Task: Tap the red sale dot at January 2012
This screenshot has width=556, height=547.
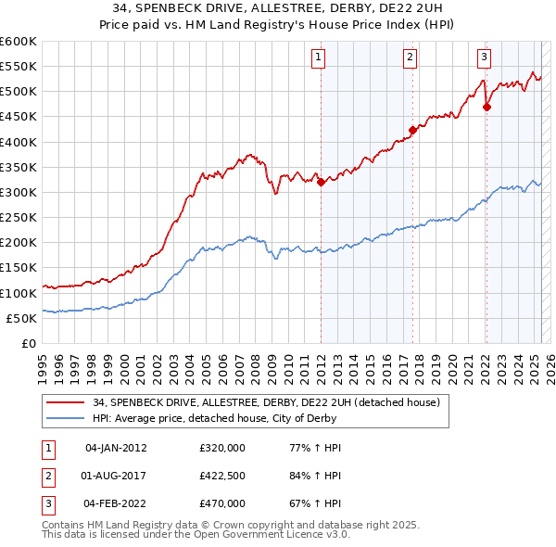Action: tap(321, 183)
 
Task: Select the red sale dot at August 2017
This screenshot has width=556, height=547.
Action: tap(412, 131)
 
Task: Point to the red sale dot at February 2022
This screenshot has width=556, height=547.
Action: tap(486, 107)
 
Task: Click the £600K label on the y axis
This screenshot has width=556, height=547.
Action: tap(19, 42)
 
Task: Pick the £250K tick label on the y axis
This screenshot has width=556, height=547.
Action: tap(19, 218)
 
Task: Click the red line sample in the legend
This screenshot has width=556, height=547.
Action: tap(65, 401)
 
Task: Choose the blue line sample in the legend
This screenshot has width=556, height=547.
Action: tap(65, 418)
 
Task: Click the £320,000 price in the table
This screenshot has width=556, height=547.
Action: tap(222, 448)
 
